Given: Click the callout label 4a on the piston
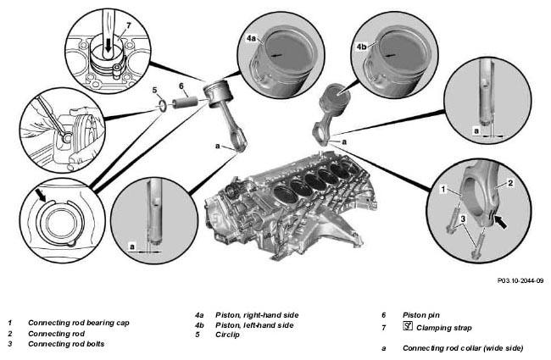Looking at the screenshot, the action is [x=251, y=38].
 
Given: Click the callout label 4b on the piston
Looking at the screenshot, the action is [x=362, y=47].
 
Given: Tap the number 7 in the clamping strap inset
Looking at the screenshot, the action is [x=128, y=25].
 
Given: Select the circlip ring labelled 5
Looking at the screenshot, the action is [x=163, y=106].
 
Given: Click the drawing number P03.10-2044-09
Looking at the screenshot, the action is [x=520, y=280].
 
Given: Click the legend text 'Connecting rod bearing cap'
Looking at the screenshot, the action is [x=79, y=323].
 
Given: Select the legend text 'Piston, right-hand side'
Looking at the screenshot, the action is [x=257, y=315].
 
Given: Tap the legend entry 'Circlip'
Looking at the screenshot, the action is [x=227, y=335].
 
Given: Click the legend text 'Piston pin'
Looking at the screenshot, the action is [x=421, y=315].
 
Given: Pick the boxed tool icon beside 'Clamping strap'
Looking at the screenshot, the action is [x=408, y=326].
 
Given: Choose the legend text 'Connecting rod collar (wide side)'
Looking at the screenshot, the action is [x=463, y=348].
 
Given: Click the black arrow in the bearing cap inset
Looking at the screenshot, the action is [x=500, y=222].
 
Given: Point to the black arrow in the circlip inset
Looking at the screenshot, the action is [x=42, y=196].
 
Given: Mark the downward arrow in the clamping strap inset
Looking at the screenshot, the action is [x=109, y=45].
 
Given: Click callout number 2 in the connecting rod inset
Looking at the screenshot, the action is [x=510, y=183].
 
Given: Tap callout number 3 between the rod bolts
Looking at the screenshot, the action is [x=463, y=219].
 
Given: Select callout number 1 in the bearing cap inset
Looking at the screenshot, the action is [x=443, y=190].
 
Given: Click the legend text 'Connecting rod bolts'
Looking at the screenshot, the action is [x=66, y=344].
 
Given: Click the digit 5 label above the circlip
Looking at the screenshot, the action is [x=154, y=91].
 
